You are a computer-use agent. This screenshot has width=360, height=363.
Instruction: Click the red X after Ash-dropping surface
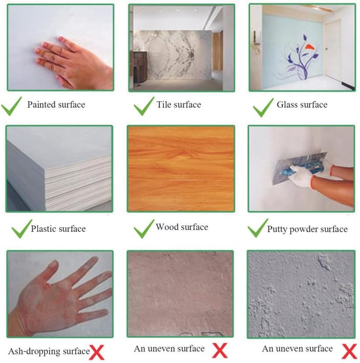point(97,352)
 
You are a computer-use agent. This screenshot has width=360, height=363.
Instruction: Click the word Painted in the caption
point(40,105)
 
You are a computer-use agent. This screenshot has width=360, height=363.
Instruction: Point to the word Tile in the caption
point(163,105)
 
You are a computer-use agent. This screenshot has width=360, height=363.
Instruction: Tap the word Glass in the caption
point(287,105)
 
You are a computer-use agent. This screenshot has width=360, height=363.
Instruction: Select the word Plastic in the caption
point(44,229)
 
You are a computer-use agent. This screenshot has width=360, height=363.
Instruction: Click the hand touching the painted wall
point(70,65)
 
